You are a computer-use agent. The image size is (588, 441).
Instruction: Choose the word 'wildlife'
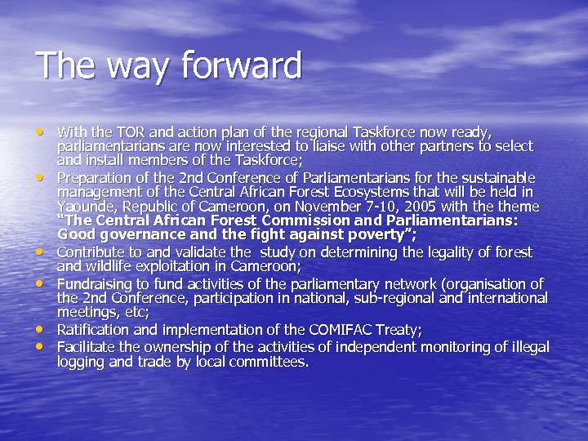point(109,266)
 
